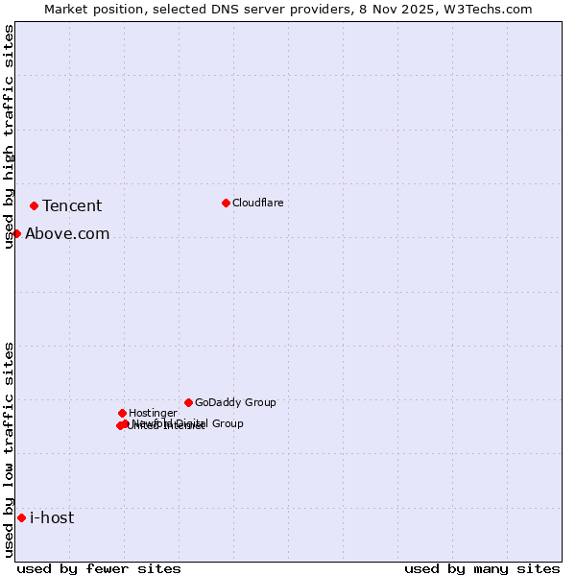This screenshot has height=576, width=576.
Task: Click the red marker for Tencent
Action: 34,205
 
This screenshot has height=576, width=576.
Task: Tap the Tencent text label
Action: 72,206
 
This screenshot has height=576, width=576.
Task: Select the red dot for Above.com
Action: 16,233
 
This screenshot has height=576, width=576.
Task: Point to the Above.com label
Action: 67,234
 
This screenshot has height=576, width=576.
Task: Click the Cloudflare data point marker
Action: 226,203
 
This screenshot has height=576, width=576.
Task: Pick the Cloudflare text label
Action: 257,204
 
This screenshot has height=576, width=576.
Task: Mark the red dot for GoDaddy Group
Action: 188,402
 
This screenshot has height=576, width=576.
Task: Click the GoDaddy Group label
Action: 235,403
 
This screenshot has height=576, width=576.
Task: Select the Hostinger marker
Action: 122,413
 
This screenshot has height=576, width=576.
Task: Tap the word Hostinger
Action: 153,414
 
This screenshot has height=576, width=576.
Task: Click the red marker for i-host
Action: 21,517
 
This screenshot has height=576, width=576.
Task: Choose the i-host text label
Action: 52,518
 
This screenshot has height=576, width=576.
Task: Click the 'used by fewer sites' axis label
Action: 99,568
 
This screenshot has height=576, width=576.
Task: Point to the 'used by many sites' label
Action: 482,568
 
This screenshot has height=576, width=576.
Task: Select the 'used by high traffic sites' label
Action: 10,136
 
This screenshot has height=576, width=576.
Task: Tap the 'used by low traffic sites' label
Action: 10,449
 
